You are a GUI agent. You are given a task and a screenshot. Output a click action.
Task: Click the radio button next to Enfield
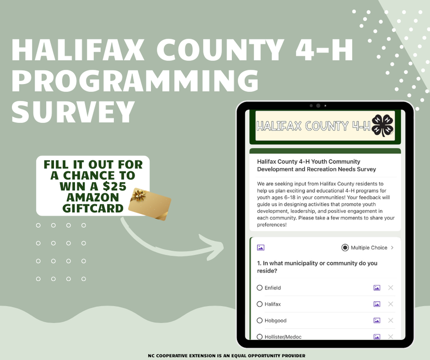tap(260, 288)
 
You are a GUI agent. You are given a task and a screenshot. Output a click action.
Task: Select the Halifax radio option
tap(260, 304)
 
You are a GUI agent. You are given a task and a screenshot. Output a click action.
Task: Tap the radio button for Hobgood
tap(260, 320)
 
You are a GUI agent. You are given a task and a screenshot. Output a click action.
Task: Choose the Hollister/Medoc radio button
tap(260, 337)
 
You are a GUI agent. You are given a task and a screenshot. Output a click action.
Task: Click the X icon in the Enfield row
tap(390, 288)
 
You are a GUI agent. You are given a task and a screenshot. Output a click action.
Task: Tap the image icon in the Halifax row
tap(376, 304)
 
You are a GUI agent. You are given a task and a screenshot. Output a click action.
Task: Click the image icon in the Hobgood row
tap(376, 320)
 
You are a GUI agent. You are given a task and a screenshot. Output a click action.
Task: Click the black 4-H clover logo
tap(383, 126)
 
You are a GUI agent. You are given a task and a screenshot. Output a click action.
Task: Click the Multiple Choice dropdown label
tap(369, 247)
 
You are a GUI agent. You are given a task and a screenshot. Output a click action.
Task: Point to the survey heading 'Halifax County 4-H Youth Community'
tap(309, 162)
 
